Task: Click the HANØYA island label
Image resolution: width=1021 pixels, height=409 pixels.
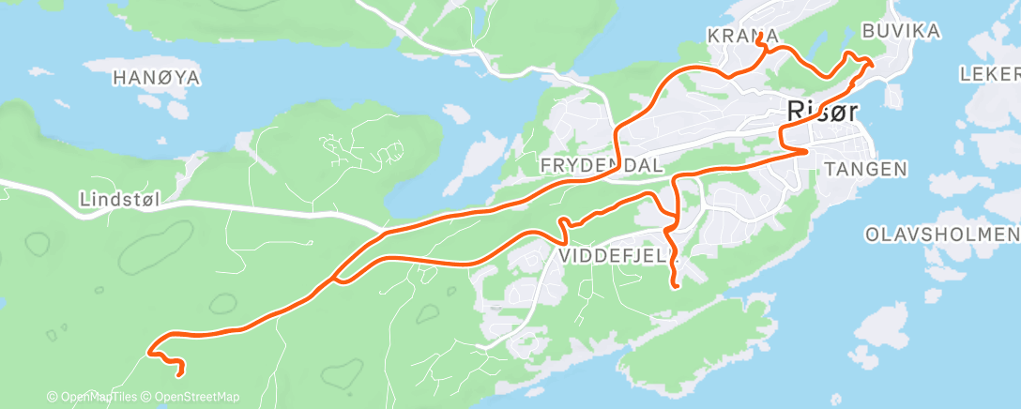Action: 157,78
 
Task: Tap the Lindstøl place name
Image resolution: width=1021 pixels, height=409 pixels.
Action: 116,199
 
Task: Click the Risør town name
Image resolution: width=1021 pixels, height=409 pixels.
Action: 820,112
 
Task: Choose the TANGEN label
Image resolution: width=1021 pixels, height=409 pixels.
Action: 864,169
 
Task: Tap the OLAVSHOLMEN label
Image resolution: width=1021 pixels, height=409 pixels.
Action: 941,234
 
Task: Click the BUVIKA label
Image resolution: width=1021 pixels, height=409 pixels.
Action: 900,33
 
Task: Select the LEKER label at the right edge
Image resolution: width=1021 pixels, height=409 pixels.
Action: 990,73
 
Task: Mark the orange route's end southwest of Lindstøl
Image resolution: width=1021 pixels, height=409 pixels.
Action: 178,372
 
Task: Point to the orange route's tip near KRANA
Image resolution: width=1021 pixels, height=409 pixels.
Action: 757,44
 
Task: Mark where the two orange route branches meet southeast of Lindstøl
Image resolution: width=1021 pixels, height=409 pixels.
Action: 334,278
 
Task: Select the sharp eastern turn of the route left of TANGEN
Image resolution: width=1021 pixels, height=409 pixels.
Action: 807,149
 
